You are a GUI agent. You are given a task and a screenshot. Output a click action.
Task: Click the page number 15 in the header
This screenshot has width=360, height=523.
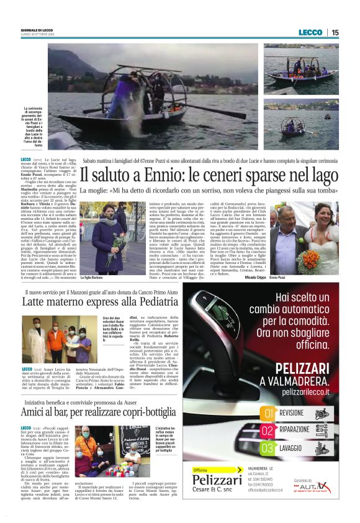coord(335,32)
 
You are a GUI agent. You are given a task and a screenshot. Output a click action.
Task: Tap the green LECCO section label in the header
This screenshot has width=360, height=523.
coord(310,32)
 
